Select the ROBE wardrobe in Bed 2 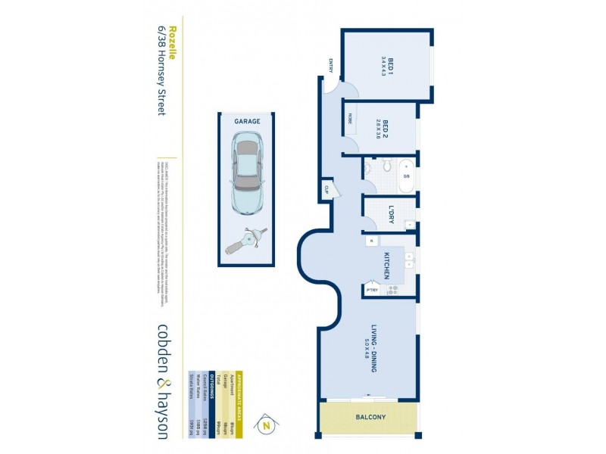(350, 120)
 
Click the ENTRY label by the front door (330, 66)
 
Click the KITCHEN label (386, 266)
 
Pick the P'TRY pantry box (372, 290)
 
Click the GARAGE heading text (246, 121)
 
